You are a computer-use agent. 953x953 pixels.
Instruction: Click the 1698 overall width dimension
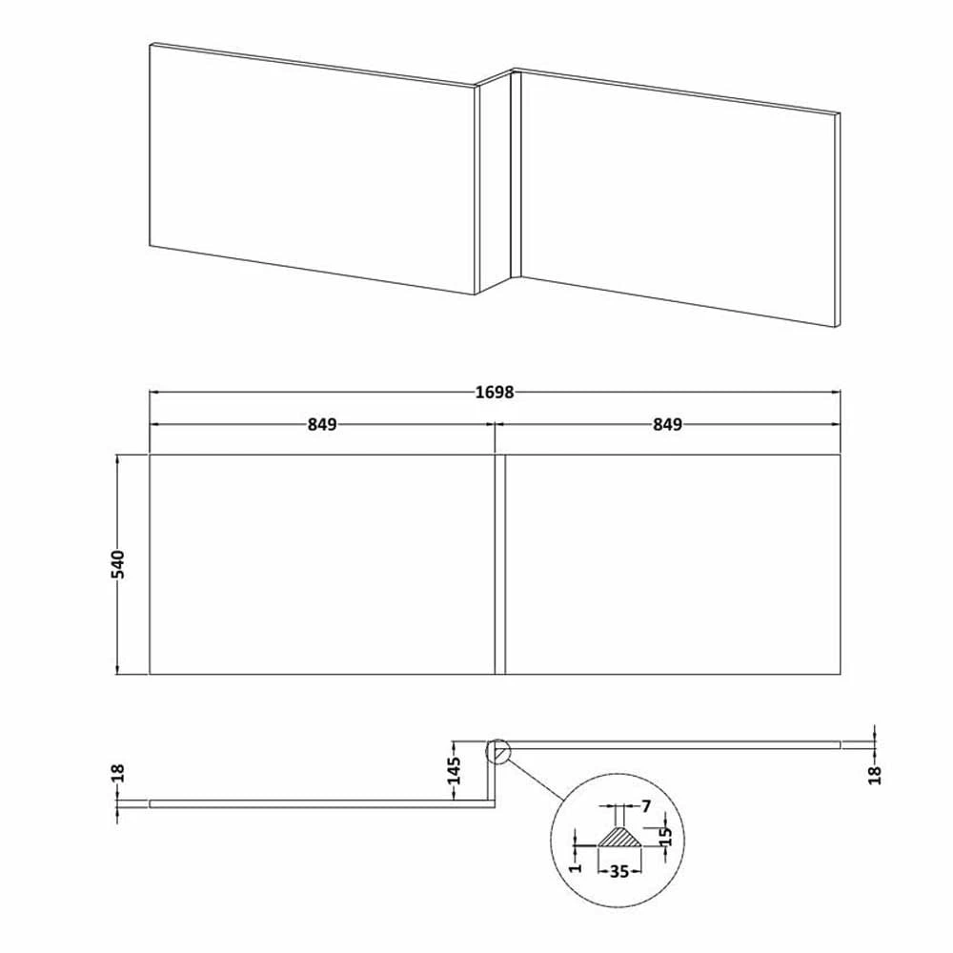pyautogui.click(x=495, y=392)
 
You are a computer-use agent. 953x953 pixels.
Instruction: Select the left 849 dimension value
pyautogui.click(x=322, y=425)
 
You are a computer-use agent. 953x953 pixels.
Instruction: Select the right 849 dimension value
pyautogui.click(x=667, y=425)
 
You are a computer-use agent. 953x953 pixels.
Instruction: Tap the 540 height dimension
pyautogui.click(x=118, y=564)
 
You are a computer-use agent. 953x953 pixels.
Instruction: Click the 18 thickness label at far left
pyautogui.click(x=118, y=773)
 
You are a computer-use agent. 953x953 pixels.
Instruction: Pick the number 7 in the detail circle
pyautogui.click(x=646, y=806)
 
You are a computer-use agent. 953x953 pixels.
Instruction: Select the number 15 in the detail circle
pyautogui.click(x=666, y=836)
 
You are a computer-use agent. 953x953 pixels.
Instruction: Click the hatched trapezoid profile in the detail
pyautogui.click(x=620, y=838)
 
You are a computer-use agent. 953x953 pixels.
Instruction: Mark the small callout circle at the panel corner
pyautogui.click(x=497, y=753)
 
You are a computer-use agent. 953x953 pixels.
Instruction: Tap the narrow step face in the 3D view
pyautogui.click(x=493, y=181)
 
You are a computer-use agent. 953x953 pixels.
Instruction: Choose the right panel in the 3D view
pyautogui.click(x=677, y=195)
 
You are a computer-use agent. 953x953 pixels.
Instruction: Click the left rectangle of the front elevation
pyautogui.click(x=322, y=564)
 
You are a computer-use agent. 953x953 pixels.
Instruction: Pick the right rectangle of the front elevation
pyautogui.click(x=672, y=564)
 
